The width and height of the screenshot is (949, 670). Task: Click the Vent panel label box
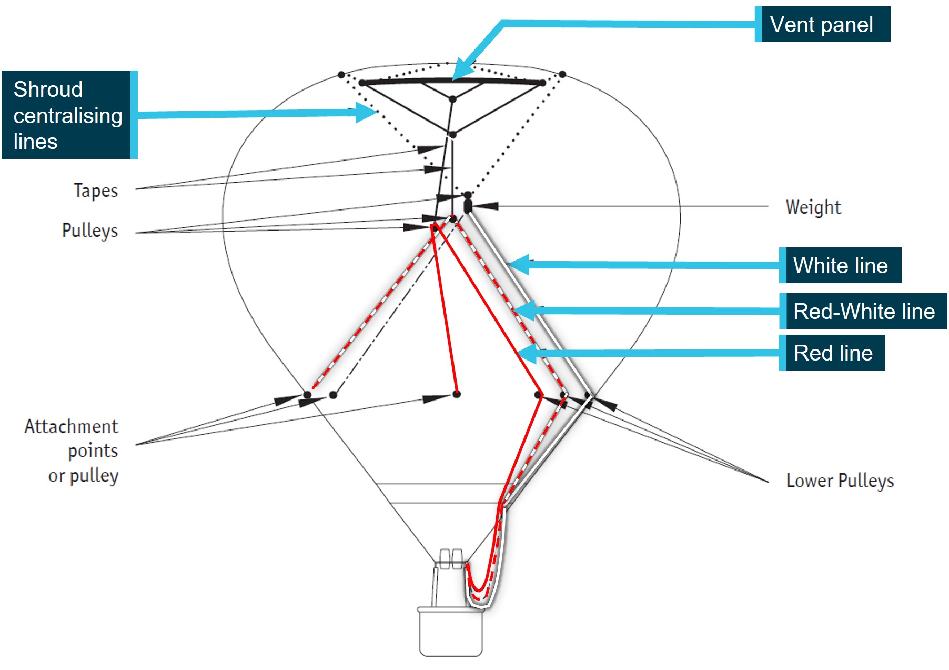point(822,25)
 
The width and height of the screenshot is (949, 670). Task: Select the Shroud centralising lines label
point(68,115)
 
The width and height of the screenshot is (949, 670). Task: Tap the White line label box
point(840,265)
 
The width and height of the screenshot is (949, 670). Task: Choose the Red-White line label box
point(863,311)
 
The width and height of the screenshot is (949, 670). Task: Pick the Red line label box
point(833,353)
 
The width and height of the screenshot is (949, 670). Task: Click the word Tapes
point(96,190)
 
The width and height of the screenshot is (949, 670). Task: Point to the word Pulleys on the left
point(90,230)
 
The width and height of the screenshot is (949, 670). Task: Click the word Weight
point(813,207)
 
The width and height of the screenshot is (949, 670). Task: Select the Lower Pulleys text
point(840,480)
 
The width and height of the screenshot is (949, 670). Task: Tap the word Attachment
point(72,426)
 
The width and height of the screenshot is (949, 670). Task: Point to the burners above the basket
point(451,558)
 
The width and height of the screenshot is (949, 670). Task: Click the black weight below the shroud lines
point(468,205)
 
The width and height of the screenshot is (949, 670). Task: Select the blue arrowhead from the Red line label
point(528,353)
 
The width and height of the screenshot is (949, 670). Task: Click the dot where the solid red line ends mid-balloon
point(457,394)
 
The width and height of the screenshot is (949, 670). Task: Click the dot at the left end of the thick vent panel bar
point(362,83)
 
